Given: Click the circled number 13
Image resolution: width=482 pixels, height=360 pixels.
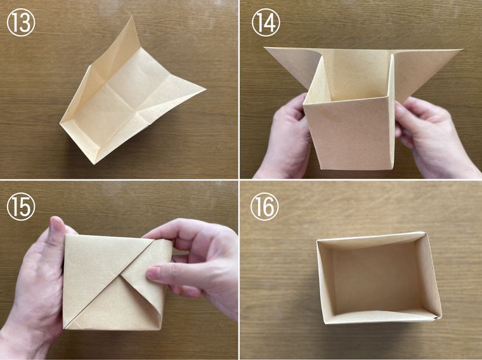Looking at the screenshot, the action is click(x=21, y=22).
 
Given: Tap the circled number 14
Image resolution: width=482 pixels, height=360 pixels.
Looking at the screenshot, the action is click(x=266, y=22).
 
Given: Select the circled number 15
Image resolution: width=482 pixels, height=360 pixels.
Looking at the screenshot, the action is click(x=21, y=207).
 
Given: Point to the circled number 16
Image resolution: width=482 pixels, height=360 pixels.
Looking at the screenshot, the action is click(x=264, y=207).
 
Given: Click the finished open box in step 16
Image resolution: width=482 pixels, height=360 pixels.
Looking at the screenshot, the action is click(x=379, y=278).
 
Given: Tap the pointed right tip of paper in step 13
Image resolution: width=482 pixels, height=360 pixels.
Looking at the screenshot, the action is click(x=205, y=89).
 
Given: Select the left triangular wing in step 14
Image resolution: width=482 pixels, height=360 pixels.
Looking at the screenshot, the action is click(x=291, y=66).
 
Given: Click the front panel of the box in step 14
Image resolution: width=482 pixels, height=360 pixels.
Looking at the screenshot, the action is click(x=349, y=134).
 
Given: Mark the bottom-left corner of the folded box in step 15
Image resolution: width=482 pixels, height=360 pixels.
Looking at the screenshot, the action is click(x=64, y=328).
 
